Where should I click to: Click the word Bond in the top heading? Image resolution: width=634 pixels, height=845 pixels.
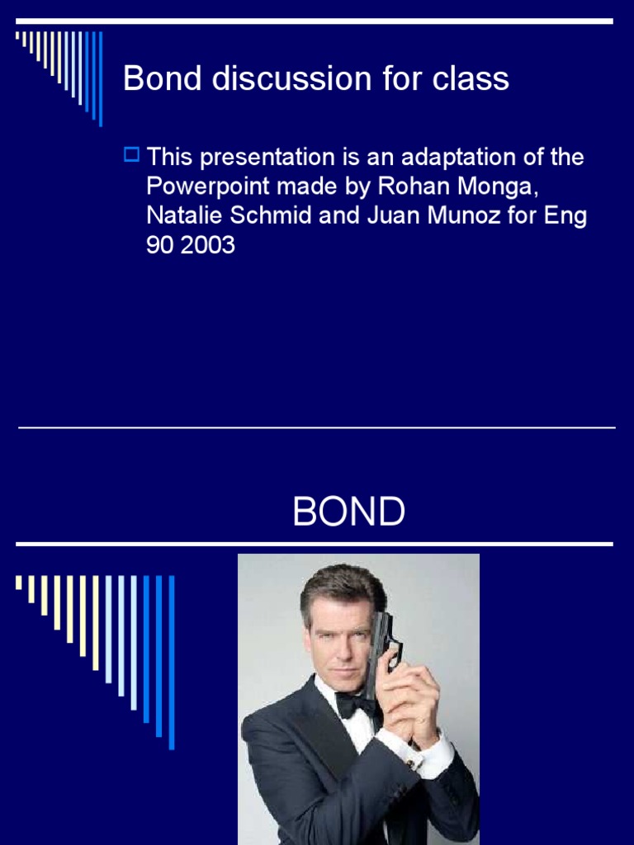[162, 79]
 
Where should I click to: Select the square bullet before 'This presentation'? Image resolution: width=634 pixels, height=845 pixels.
[130, 153]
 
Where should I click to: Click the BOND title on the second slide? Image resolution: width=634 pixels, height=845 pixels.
[348, 512]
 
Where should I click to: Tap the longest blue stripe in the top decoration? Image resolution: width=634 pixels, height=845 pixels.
[101, 78]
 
